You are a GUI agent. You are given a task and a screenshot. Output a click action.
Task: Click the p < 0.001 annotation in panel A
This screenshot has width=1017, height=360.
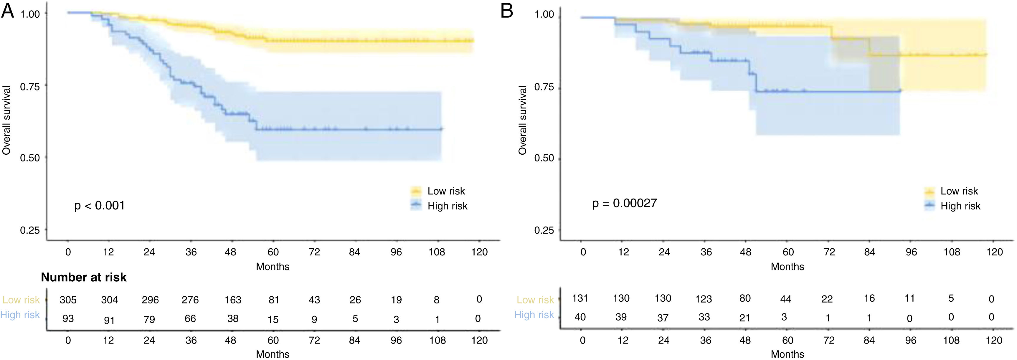click(x=100, y=206)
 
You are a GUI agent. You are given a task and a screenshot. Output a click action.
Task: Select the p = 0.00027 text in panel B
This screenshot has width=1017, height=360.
click(x=625, y=203)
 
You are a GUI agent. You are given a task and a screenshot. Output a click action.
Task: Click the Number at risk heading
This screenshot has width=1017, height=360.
click(x=84, y=278)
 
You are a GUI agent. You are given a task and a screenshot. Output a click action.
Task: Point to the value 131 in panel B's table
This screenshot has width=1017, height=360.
click(x=580, y=298)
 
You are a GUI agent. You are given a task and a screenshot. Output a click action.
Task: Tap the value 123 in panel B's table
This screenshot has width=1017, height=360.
click(x=704, y=299)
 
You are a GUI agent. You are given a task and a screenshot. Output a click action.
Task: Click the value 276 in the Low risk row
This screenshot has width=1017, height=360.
click(x=190, y=300)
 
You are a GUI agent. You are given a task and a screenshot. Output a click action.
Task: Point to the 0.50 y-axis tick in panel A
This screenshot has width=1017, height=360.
click(x=30, y=158)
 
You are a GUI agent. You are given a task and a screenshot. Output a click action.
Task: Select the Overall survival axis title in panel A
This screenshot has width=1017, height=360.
click(x=6, y=120)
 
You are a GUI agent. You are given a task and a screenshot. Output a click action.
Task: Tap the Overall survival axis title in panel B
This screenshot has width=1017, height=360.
click(x=523, y=120)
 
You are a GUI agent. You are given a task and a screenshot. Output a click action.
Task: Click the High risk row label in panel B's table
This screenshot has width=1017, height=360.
click(x=534, y=315)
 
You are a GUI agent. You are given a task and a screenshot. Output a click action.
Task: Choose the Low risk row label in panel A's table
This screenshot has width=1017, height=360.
click(x=21, y=300)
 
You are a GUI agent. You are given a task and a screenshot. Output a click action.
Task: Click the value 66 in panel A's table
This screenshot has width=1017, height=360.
click(x=190, y=318)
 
